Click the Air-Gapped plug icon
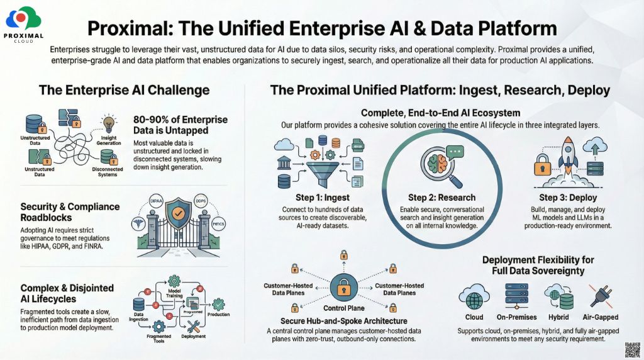pos(602,296)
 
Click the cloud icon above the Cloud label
pos(474,296)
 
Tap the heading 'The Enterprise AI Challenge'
pos(124,90)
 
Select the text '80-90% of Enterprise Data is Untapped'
pos(180,125)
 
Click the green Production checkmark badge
pos(218,303)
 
